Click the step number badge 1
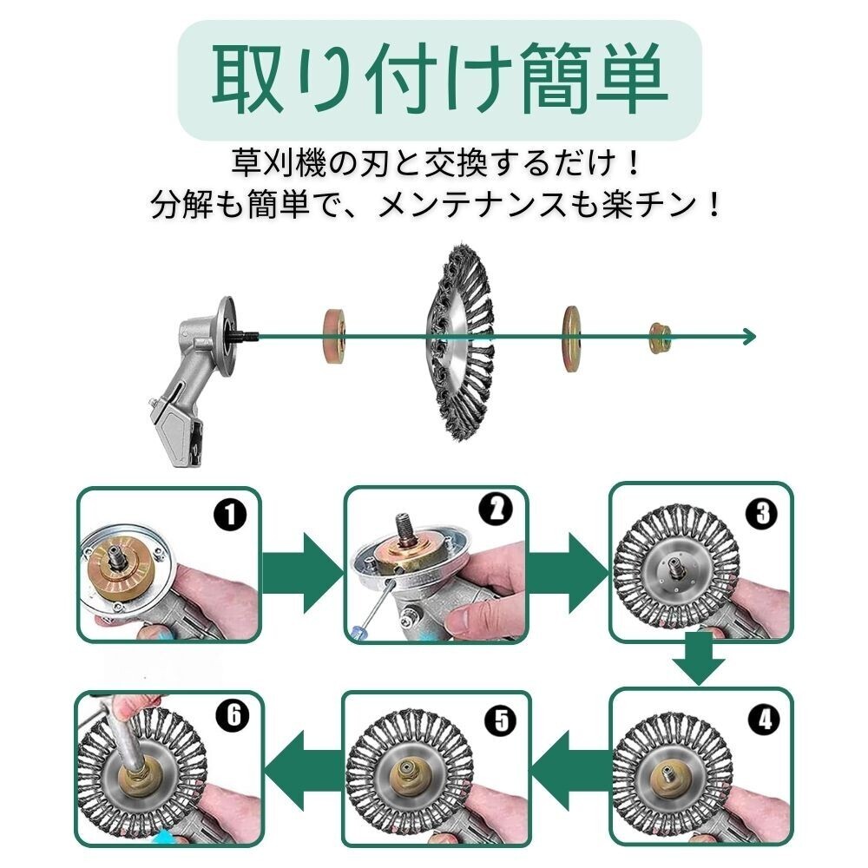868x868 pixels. tap(229, 516)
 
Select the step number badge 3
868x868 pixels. tap(762, 514)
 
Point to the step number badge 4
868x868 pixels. tap(764, 720)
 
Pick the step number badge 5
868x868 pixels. tap(501, 720)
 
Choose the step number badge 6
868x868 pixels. tap(233, 714)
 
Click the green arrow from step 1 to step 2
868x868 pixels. tap(302, 572)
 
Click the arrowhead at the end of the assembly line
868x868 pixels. tap(749, 337)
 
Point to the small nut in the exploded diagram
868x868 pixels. tap(660, 338)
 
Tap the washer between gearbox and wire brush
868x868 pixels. tap(335, 336)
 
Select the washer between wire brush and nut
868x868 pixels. tap(571, 339)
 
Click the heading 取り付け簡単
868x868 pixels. tap(440, 79)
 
